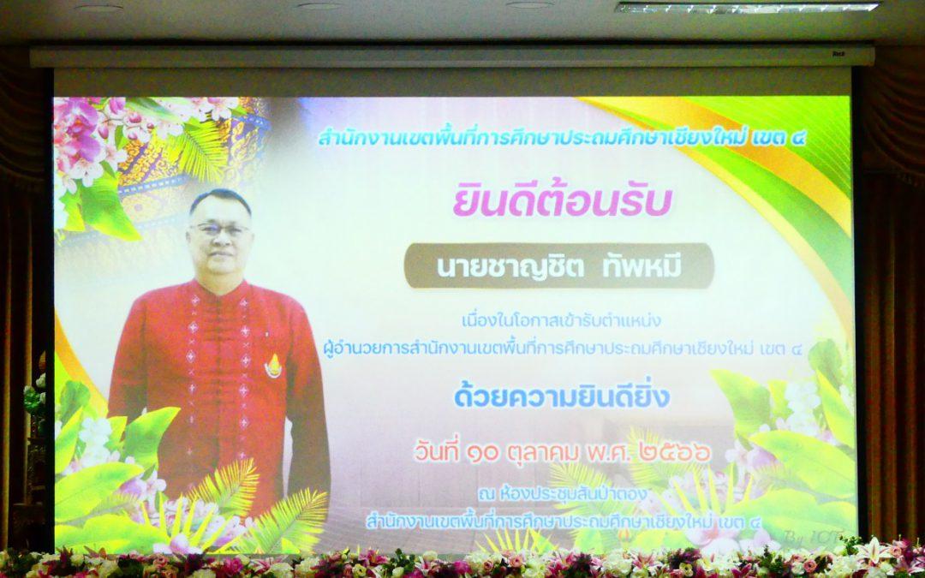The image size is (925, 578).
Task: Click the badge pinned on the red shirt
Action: tap(273, 364)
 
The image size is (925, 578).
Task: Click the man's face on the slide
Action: tap(221, 231)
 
